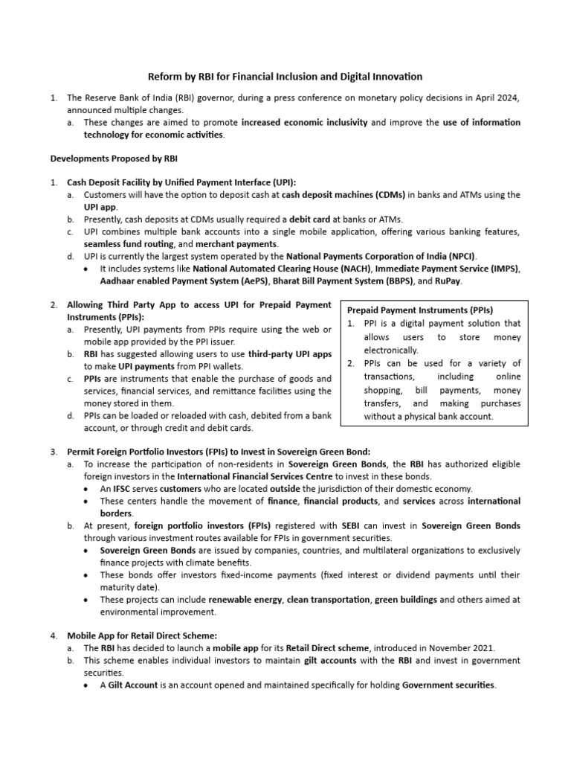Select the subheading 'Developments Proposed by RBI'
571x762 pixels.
click(x=113, y=159)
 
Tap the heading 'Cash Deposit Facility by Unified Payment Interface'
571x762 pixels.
click(x=181, y=182)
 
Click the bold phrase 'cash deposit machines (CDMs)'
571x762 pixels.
click(x=343, y=194)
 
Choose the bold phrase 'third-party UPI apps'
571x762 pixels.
click(x=290, y=354)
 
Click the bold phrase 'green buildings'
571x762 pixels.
click(x=405, y=600)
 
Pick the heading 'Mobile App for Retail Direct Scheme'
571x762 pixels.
click(x=142, y=635)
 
